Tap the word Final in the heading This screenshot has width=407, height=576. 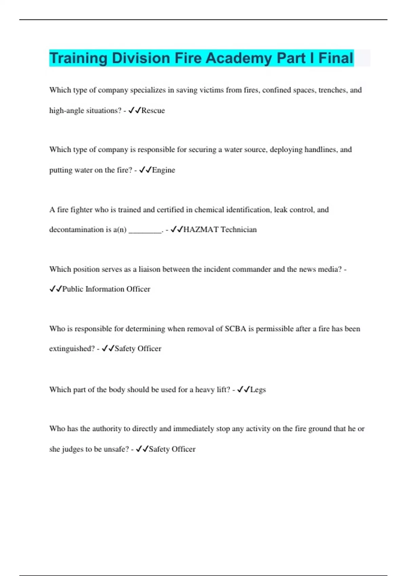point(336,58)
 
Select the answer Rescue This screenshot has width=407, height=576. point(153,110)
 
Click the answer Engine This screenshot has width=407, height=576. point(163,170)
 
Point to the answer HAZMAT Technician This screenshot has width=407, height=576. point(220,230)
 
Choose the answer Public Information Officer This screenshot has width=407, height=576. point(106,289)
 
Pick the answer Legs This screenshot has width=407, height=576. point(258,390)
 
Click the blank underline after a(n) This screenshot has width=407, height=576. point(145,230)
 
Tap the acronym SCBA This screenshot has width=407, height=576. point(235,329)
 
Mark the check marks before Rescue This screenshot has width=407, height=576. point(135,110)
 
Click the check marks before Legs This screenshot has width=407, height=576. point(244,390)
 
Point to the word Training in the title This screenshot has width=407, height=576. point(78,58)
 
